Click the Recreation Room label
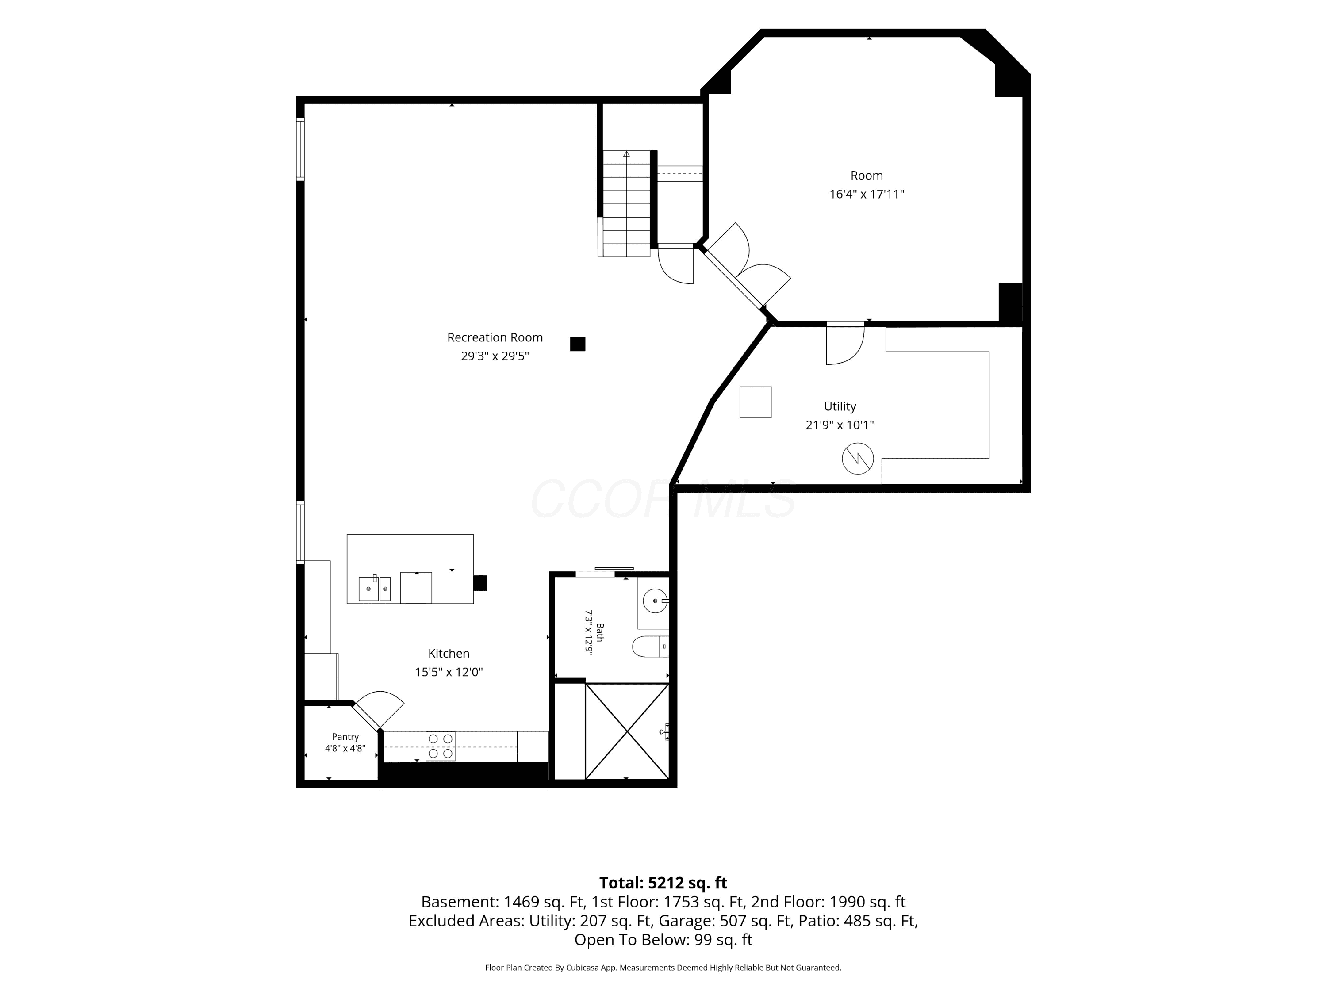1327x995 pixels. [495, 338]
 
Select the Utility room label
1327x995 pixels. [840, 407]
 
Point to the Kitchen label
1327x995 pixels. [449, 654]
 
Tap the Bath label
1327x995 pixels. [600, 632]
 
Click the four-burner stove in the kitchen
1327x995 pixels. [440, 746]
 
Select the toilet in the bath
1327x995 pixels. [650, 647]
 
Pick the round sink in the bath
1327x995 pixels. [655, 601]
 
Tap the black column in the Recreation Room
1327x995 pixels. [578, 344]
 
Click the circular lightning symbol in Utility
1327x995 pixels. [858, 459]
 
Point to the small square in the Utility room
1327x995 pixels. [756, 402]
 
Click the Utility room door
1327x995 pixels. [845, 344]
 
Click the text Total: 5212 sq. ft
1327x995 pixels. [663, 883]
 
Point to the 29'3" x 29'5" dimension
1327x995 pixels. [495, 356]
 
